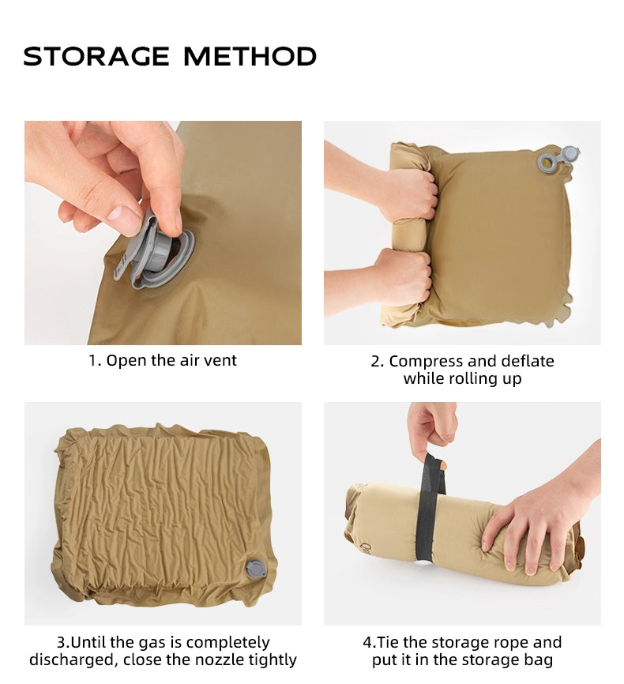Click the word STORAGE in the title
tap(96, 57)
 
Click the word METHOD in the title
tap(250, 57)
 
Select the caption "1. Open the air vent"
tap(162, 361)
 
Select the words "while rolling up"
tap(462, 379)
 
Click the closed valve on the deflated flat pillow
tap(255, 569)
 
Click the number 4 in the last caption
tap(367, 642)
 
